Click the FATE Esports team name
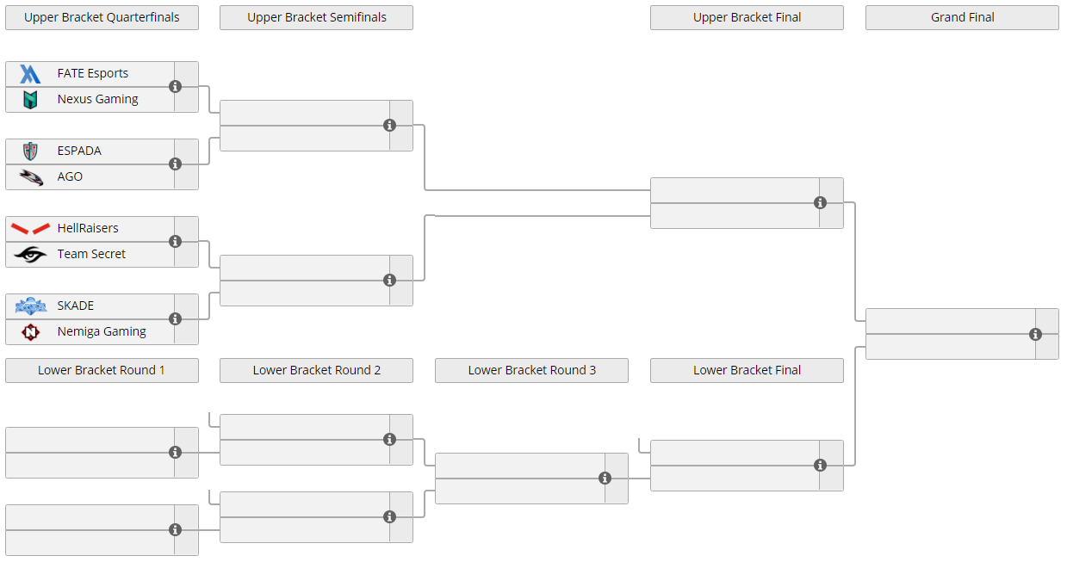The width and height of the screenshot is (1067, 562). pyautogui.click(x=92, y=73)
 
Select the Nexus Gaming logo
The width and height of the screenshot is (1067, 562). pyautogui.click(x=30, y=100)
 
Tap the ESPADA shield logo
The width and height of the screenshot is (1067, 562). pyautogui.click(x=30, y=151)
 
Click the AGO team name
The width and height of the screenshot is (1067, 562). pyautogui.click(x=70, y=176)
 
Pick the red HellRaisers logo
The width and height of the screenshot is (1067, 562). pyautogui.click(x=30, y=228)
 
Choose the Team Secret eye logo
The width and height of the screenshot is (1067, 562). pyautogui.click(x=30, y=255)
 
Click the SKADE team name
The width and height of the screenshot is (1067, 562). pyautogui.click(x=75, y=306)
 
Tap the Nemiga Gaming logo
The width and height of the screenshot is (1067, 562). pyautogui.click(x=30, y=331)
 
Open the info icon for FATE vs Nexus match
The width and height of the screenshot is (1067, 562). pyautogui.click(x=176, y=87)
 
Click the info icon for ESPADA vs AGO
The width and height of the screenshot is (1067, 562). pyautogui.click(x=176, y=164)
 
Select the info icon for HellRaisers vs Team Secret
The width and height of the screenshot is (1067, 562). pyautogui.click(x=176, y=242)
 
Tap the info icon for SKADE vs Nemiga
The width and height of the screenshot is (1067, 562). pyautogui.click(x=176, y=318)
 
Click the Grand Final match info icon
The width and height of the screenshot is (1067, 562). pyautogui.click(x=1035, y=335)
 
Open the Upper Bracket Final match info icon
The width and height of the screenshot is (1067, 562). pyautogui.click(x=820, y=203)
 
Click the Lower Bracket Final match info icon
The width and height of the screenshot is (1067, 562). pyautogui.click(x=820, y=466)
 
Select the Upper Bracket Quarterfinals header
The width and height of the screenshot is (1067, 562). pyautogui.click(x=102, y=17)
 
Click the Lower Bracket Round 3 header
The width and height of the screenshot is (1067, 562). pyautogui.click(x=531, y=370)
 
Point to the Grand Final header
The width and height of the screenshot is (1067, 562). pyautogui.click(x=962, y=17)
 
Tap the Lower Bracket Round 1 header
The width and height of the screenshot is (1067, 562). pyautogui.click(x=102, y=370)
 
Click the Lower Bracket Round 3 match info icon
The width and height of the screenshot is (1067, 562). pyautogui.click(x=605, y=479)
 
